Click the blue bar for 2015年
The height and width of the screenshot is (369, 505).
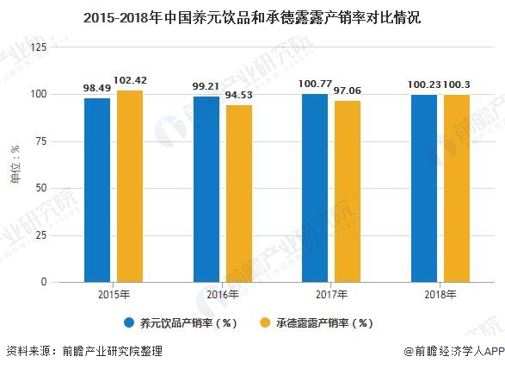click(x=97, y=190)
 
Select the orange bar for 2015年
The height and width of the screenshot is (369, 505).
click(x=129, y=186)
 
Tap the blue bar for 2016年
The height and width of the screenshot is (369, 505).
click(x=206, y=189)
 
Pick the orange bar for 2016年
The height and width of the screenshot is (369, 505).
click(x=238, y=193)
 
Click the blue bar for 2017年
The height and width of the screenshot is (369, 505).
click(x=315, y=188)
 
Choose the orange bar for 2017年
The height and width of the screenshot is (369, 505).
click(x=348, y=191)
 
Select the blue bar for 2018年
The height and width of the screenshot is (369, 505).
click(x=423, y=188)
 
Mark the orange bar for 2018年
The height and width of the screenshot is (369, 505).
click(x=456, y=188)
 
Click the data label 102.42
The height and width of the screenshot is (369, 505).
click(x=131, y=81)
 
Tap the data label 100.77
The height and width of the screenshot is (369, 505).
click(x=315, y=84)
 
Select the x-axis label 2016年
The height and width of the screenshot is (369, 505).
click(x=222, y=295)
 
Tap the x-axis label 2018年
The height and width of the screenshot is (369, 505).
click(x=440, y=295)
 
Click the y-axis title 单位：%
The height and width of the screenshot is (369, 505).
click(x=15, y=165)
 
